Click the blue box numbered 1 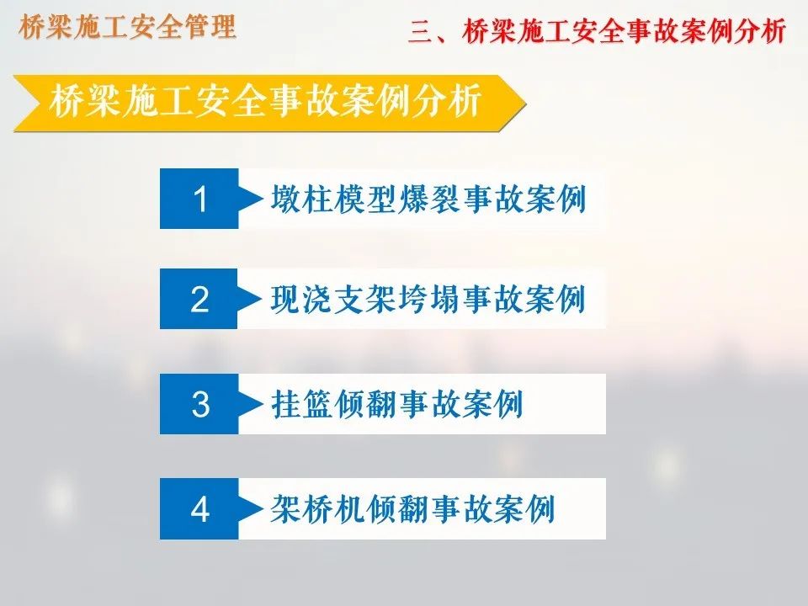pyautogui.click(x=199, y=199)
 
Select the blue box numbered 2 pyautogui.click(x=199, y=299)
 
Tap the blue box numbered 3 pyautogui.click(x=199, y=404)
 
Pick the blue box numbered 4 pyautogui.click(x=199, y=508)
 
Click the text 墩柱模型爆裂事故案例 pyautogui.click(x=428, y=199)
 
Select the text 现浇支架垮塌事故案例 pyautogui.click(x=428, y=299)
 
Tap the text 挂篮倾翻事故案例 pyautogui.click(x=397, y=404)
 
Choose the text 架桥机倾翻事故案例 pyautogui.click(x=413, y=508)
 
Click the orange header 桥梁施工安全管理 pyautogui.click(x=127, y=27)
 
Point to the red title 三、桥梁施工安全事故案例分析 pyautogui.click(x=597, y=32)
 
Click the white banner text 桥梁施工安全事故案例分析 pyautogui.click(x=266, y=101)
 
